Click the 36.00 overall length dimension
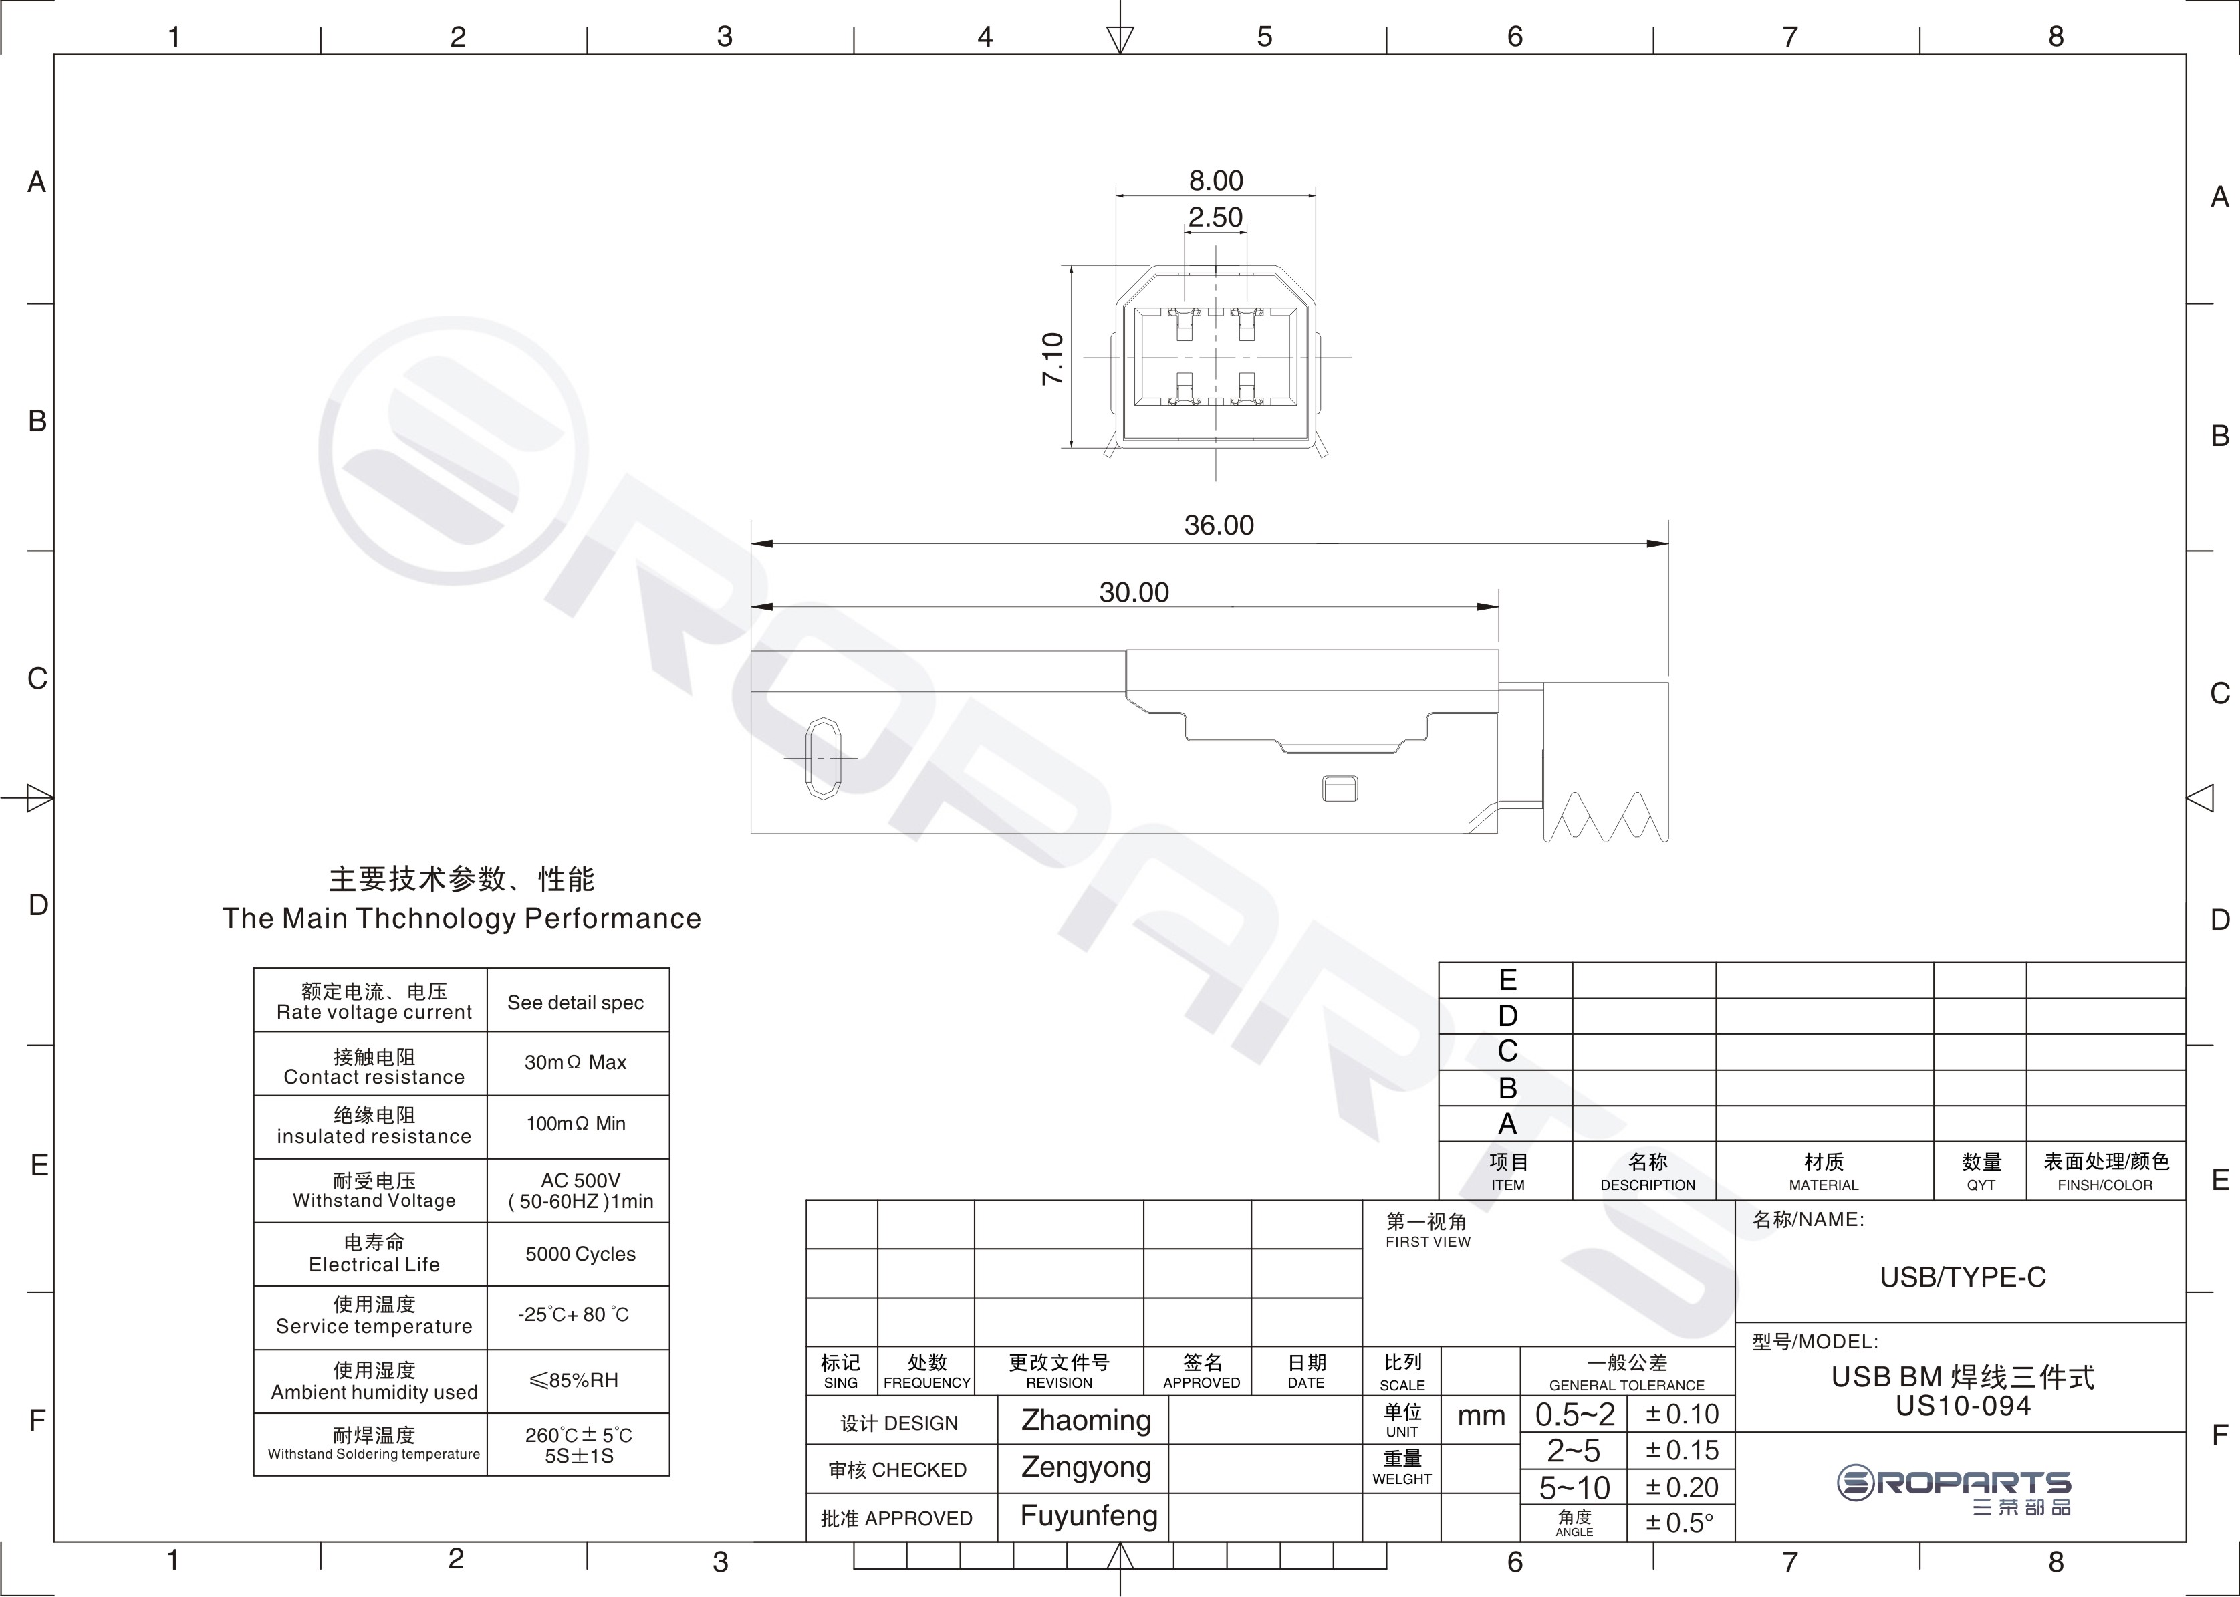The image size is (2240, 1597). [1219, 525]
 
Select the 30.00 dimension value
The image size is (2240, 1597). [1134, 592]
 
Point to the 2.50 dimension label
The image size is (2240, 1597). [1215, 217]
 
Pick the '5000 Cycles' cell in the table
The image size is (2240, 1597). [580, 1254]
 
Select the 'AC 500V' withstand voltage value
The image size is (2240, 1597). [580, 1180]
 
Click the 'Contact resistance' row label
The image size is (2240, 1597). [374, 1077]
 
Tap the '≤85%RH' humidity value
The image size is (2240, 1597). [574, 1380]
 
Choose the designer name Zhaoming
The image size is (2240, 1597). [1086, 1420]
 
